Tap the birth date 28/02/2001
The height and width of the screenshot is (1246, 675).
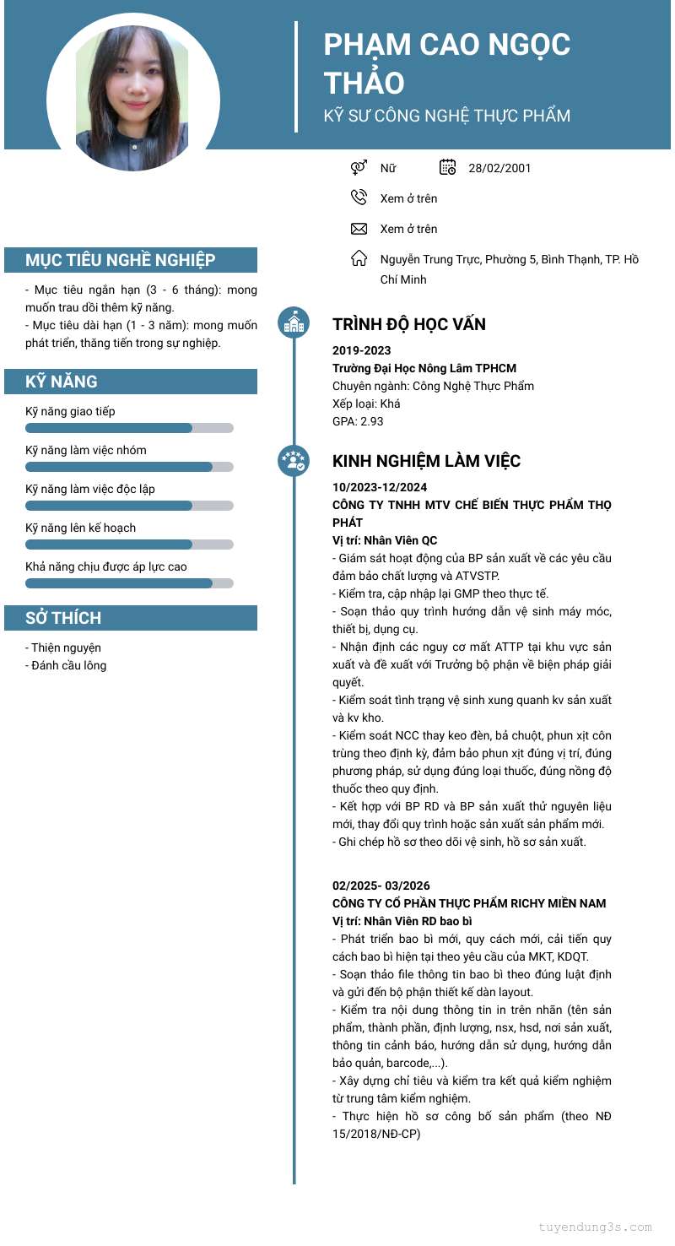pyautogui.click(x=499, y=168)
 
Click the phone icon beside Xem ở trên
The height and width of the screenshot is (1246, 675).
pyautogui.click(x=359, y=198)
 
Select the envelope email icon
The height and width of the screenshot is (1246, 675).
pyautogui.click(x=359, y=229)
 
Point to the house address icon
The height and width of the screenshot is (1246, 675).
pyautogui.click(x=359, y=258)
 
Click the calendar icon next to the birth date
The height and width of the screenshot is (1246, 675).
pyautogui.click(x=448, y=167)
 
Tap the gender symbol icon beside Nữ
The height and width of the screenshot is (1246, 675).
pyautogui.click(x=359, y=167)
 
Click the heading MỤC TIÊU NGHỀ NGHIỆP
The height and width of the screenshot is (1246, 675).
pyautogui.click(x=120, y=260)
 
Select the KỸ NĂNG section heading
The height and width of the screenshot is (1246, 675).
pyautogui.click(x=62, y=382)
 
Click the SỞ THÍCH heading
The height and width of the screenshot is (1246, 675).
pyautogui.click(x=63, y=618)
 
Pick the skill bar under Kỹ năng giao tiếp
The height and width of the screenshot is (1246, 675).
pyautogui.click(x=129, y=428)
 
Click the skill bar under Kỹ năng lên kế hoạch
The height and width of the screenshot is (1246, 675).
pyautogui.click(x=129, y=544)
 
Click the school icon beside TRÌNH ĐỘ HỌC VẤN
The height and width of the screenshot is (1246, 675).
pyautogui.click(x=294, y=322)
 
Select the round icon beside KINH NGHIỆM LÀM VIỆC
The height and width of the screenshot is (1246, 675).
pyautogui.click(x=294, y=460)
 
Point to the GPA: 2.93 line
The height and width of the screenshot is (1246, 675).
pyautogui.click(x=358, y=421)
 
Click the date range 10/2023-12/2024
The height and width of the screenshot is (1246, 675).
pyautogui.click(x=380, y=487)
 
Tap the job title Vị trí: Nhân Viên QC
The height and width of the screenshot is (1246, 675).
pyautogui.click(x=385, y=540)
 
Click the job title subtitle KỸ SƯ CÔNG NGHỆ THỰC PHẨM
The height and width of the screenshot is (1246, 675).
pyautogui.click(x=447, y=116)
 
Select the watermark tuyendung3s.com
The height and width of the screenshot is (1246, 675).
pyautogui.click(x=596, y=1227)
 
